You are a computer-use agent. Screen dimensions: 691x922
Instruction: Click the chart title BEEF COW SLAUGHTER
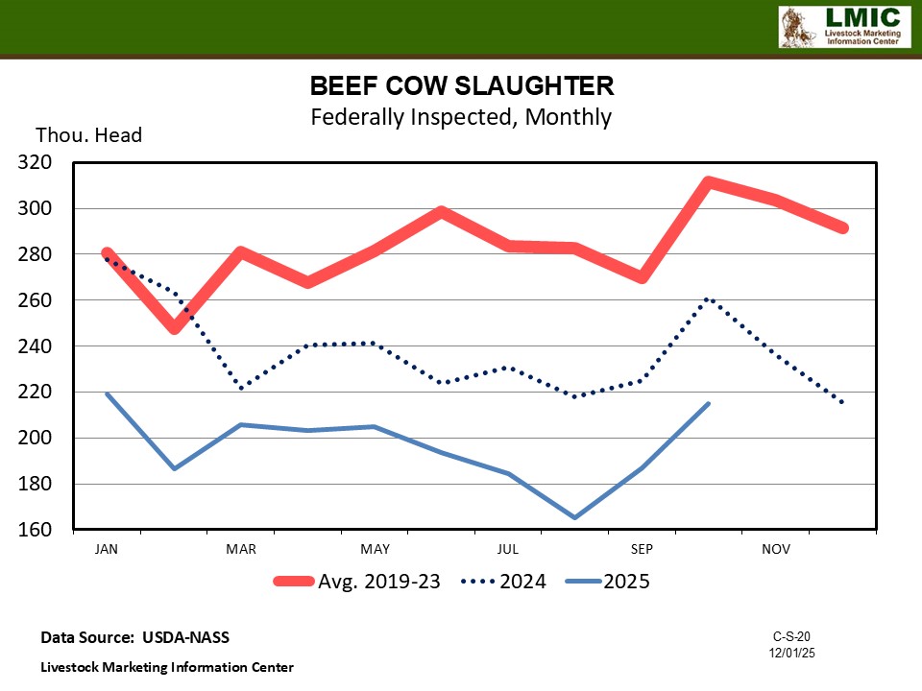(x=461, y=86)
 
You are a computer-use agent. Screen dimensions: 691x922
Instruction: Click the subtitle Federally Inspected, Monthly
(x=461, y=117)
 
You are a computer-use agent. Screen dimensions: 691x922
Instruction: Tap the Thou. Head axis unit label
(x=89, y=135)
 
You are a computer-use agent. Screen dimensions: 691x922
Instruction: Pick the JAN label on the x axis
(x=107, y=549)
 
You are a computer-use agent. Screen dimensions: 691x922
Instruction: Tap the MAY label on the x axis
(x=375, y=549)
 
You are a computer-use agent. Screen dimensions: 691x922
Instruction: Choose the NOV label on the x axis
(x=776, y=549)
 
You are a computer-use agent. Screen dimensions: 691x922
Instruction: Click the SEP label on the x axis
(x=642, y=549)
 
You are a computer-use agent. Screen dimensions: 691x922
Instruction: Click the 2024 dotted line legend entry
(x=504, y=582)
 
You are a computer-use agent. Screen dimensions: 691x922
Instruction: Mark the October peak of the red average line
(x=709, y=182)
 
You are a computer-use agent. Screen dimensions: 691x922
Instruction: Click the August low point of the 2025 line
(x=575, y=517)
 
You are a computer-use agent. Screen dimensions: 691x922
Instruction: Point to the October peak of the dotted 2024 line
(x=709, y=298)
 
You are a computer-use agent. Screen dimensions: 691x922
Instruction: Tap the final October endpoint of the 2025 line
(x=709, y=403)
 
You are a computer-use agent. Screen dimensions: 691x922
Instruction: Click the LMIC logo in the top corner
(x=842, y=27)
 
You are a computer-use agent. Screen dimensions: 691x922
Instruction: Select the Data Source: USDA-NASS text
(x=135, y=637)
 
